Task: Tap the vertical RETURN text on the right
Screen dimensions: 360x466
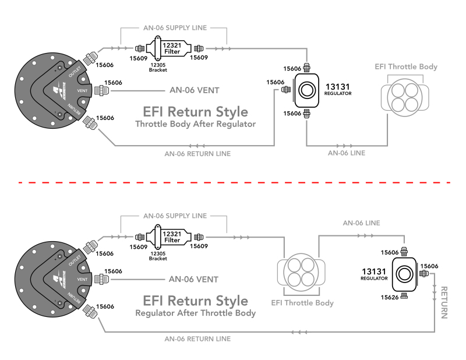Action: [x=444, y=302]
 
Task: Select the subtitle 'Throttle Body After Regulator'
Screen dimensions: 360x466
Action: [x=195, y=124]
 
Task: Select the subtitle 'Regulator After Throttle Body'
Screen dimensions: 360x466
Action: [x=195, y=313]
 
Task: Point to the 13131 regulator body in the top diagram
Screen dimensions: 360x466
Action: [x=306, y=90]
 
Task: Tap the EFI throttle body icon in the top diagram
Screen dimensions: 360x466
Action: [x=406, y=96]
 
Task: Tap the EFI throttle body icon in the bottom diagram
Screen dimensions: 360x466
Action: [x=302, y=272]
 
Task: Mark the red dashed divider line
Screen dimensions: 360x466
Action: [x=233, y=182]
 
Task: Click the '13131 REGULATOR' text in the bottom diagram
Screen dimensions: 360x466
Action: [x=374, y=274]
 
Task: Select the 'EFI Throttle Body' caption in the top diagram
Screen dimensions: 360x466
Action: [x=405, y=67]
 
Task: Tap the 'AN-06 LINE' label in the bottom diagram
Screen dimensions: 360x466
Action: [x=361, y=223]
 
